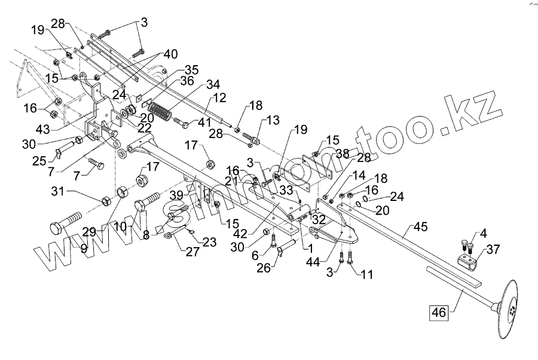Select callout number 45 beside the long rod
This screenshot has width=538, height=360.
point(421,227)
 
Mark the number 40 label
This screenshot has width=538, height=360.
point(170,54)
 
